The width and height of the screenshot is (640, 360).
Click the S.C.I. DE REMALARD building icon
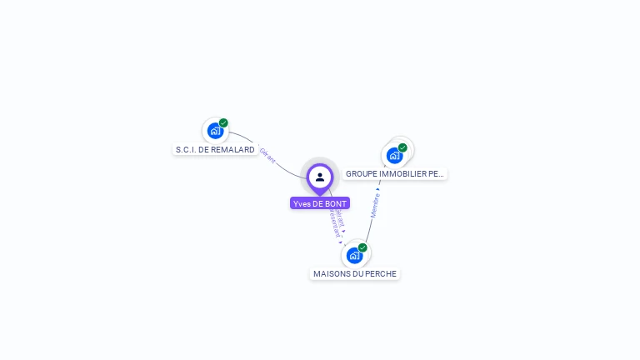pos(215,131)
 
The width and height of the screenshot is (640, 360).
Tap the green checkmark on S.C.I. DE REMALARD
pos(223,123)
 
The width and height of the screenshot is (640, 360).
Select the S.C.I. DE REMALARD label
pos(215,150)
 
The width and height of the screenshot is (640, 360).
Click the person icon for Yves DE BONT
pos(320,177)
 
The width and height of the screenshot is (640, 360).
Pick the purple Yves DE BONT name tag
pos(320,203)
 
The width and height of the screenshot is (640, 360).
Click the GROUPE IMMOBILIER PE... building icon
pos(394,155)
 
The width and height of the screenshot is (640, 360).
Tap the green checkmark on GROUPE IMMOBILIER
pos(402,147)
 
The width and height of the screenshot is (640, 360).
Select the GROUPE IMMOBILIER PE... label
pos(395,174)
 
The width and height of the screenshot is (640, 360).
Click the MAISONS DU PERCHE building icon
pos(354,255)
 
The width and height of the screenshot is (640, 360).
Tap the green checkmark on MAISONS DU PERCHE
pos(362,247)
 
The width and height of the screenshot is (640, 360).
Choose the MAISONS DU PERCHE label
pos(355,274)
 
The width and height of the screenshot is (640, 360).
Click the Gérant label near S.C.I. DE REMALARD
pos(267,156)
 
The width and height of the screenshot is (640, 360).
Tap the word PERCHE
pos(381,274)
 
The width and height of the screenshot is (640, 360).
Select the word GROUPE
pos(362,174)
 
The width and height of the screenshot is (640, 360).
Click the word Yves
pos(302,203)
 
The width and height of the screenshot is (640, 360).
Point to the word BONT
pos(337,203)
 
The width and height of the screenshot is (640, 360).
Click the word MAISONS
pos(331,274)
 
